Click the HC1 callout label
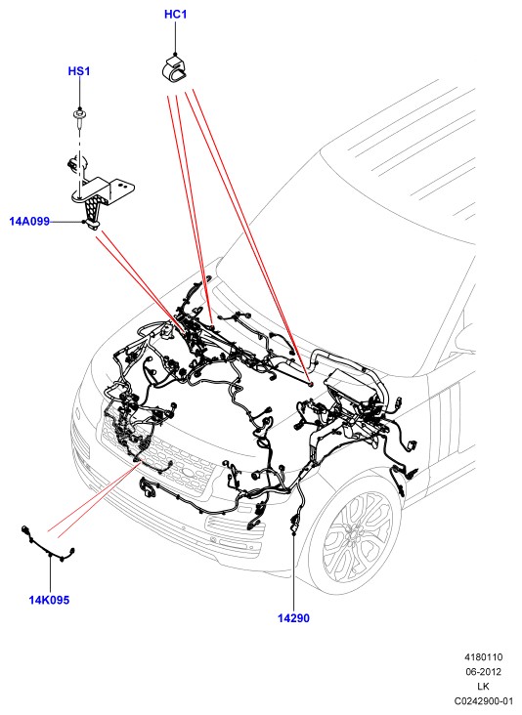tap(176, 15)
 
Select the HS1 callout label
tap(79, 71)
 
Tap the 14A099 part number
tap(29, 222)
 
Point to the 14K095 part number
tap(49, 600)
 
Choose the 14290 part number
tap(293, 618)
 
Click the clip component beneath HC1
tap(176, 68)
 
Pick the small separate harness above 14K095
tap(47, 545)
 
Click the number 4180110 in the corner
tap(484, 657)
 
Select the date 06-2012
tap(483, 672)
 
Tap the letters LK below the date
tap(483, 687)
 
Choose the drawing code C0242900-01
tap(484, 701)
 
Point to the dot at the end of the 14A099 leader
tap(83, 222)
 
